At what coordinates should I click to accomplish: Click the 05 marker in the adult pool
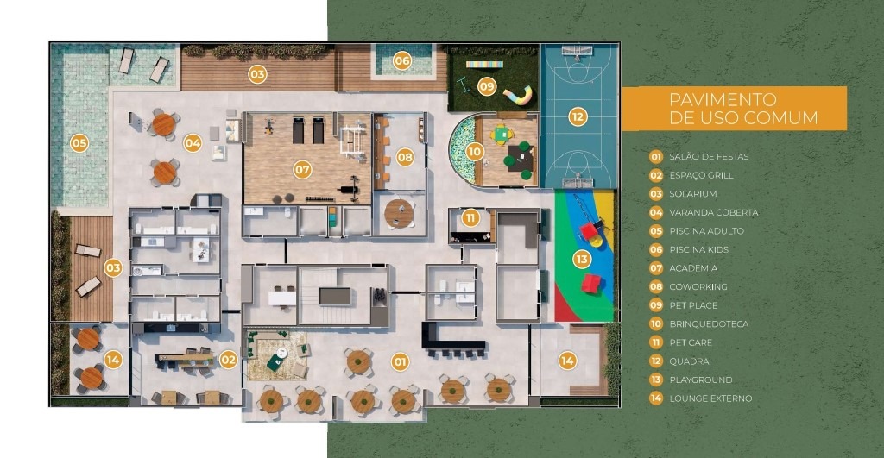click(x=79, y=142)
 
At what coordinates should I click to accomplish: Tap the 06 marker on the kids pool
click(x=402, y=60)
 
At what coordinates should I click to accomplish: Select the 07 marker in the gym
click(x=302, y=170)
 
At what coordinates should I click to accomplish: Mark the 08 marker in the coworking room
click(x=405, y=157)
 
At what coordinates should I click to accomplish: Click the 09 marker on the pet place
click(x=487, y=86)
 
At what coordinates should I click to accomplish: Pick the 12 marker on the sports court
click(x=578, y=115)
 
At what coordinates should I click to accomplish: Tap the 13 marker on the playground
click(x=582, y=259)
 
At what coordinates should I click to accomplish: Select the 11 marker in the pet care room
click(x=470, y=217)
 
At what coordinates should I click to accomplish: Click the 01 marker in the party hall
click(x=400, y=361)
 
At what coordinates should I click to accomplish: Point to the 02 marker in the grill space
click(x=228, y=359)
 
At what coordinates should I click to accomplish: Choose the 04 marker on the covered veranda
click(x=193, y=143)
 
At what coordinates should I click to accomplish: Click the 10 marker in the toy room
click(x=474, y=151)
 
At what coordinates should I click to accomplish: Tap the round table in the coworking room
click(x=398, y=211)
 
